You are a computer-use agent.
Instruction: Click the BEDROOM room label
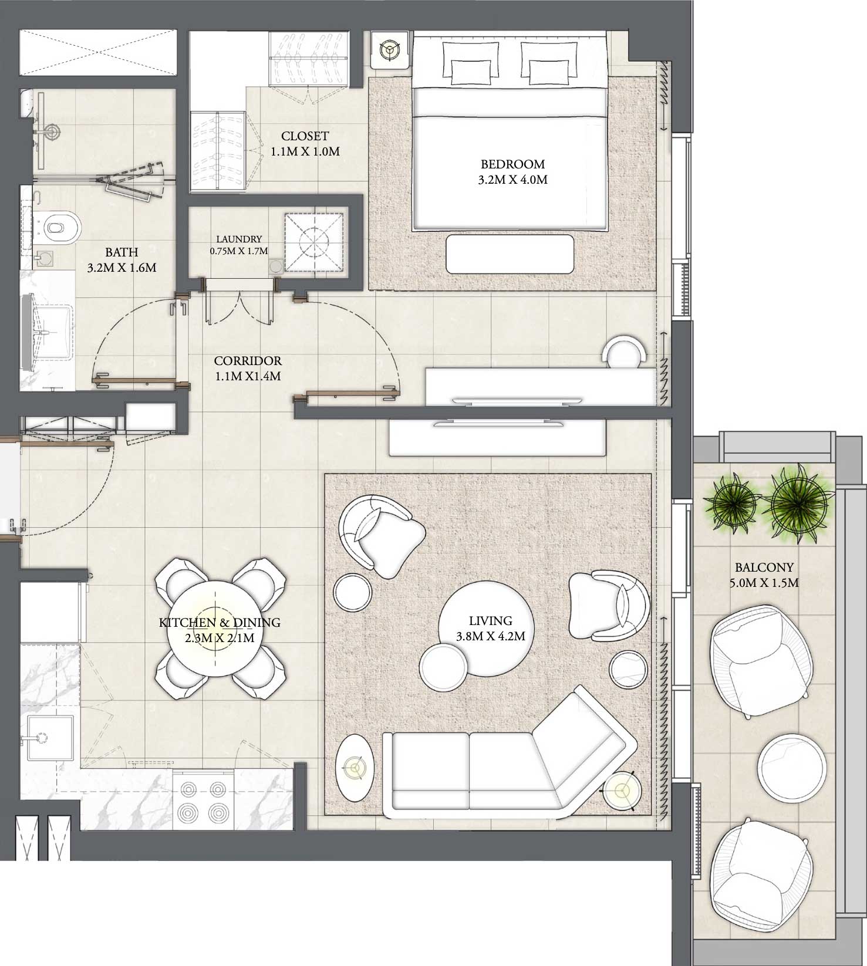[512, 172]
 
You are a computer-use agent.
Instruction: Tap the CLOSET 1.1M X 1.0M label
[305, 144]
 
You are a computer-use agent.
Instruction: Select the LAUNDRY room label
[238, 245]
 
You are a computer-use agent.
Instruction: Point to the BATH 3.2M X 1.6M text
[122, 260]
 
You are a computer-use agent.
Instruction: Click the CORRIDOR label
[247, 368]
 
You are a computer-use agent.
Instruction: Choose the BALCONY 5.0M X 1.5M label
[764, 575]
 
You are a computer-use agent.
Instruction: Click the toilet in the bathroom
[61, 227]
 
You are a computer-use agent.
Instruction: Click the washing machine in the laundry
[313, 242]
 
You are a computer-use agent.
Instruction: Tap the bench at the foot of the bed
[510, 254]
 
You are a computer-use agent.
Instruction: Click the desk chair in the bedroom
[626, 354]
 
